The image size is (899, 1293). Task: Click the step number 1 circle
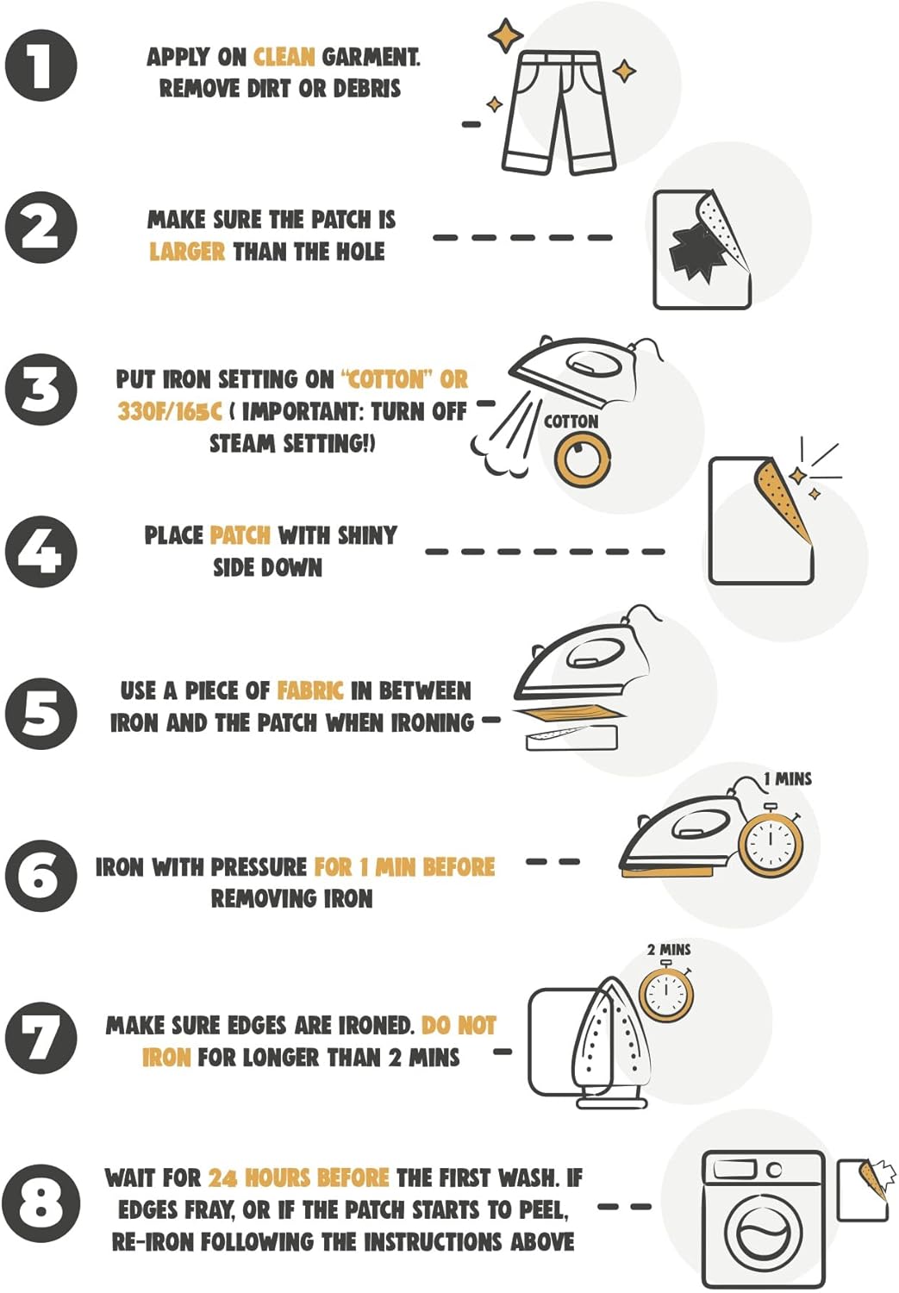[41, 66]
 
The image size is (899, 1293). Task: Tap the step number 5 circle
[41, 714]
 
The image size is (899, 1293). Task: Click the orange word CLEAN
[284, 57]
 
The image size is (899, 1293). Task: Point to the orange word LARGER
[187, 252]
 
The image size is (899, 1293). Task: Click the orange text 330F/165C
[170, 411]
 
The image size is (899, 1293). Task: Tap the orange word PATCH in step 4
[240, 535]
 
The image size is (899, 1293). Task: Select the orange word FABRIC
[309, 690]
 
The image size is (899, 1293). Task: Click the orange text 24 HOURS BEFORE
[298, 1177]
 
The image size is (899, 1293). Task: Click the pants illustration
[558, 112]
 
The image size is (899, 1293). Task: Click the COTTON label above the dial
[571, 422]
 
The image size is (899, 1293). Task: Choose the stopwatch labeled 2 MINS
[666, 993]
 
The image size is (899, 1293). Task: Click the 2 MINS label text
[669, 949]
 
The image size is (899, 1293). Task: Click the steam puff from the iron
[501, 439]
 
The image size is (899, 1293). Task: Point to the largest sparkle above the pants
[505, 35]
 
